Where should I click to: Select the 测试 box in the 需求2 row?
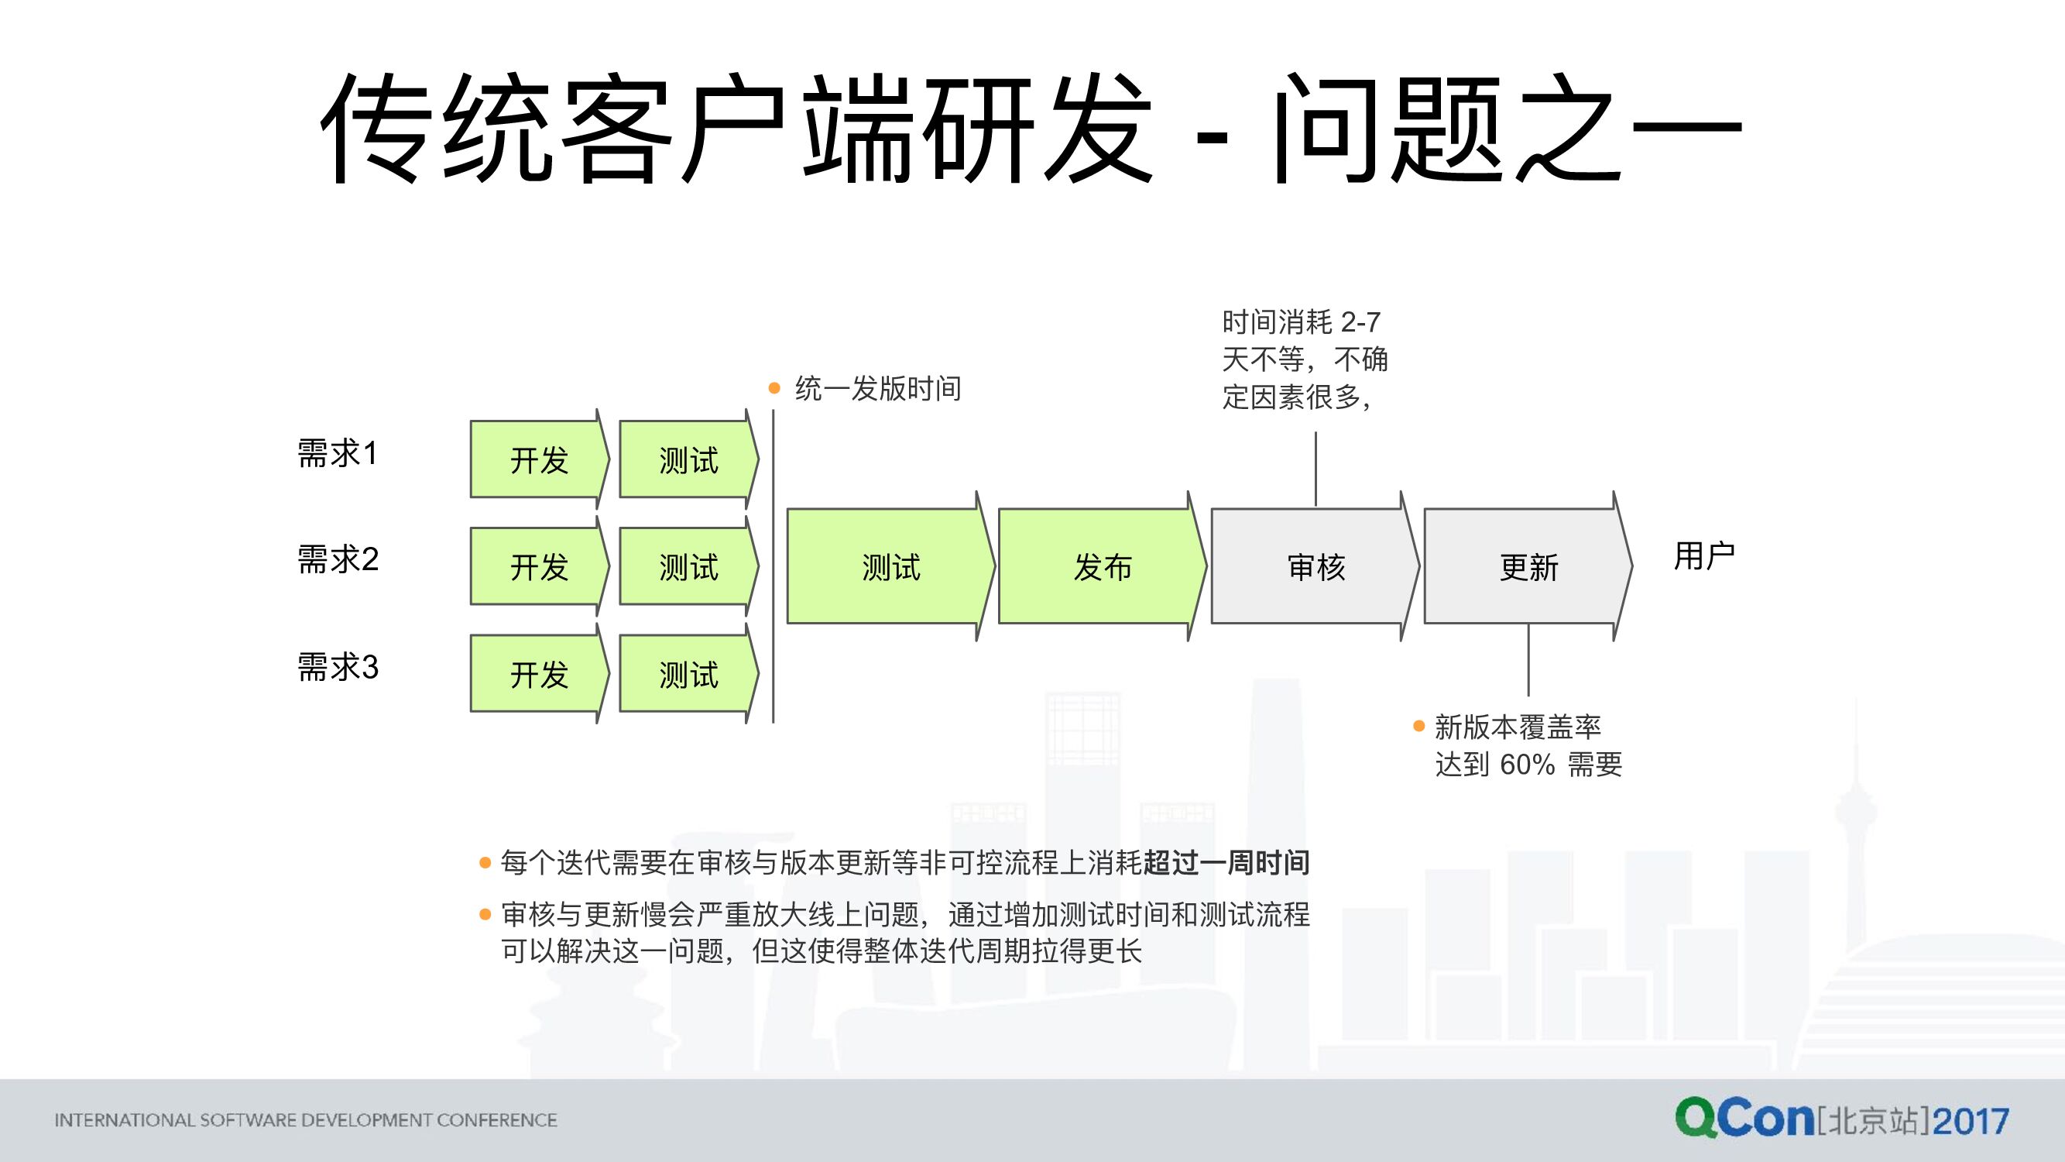[x=688, y=566]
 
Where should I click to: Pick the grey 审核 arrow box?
[x=1315, y=566]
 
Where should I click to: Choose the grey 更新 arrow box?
[x=1527, y=566]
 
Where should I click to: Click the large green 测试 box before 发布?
[x=890, y=566]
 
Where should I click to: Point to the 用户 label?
[x=1704, y=555]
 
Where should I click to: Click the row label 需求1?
[x=338, y=453]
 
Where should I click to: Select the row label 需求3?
[x=338, y=666]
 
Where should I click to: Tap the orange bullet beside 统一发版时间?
[x=774, y=389]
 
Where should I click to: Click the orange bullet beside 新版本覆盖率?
[x=1419, y=727]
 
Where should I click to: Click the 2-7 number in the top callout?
[x=1360, y=322]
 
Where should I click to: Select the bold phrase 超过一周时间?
[x=1226, y=863]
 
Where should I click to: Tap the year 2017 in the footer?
[x=1971, y=1121]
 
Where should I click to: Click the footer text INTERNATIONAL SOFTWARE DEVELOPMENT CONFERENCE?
[x=305, y=1119]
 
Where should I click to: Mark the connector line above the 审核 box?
[x=1315, y=469]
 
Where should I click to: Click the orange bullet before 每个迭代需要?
[x=485, y=863]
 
